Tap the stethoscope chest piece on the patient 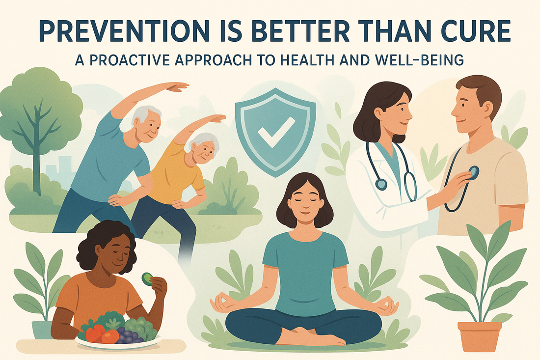tap(473, 173)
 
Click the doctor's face tap(396, 111)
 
